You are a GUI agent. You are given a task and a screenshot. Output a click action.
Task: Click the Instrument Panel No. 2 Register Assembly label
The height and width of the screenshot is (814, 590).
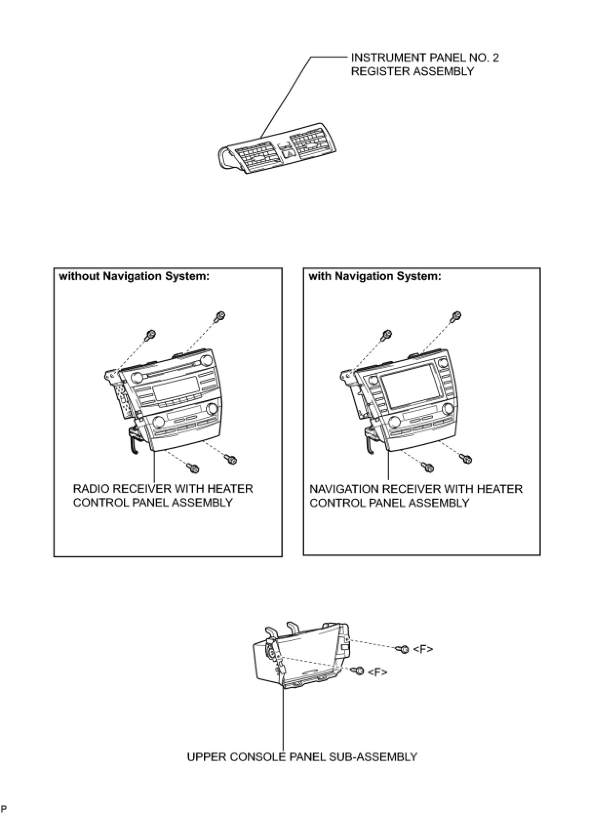[x=425, y=64]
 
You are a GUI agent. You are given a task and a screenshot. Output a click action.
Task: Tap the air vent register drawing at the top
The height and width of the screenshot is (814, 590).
[x=278, y=152]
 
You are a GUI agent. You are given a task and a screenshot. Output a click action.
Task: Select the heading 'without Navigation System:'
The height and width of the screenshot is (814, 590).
[x=134, y=277]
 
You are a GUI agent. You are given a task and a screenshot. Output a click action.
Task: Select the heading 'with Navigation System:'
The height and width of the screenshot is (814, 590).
[x=374, y=277]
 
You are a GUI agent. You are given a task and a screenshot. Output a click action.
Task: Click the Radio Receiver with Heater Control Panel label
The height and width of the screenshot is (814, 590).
[x=163, y=495]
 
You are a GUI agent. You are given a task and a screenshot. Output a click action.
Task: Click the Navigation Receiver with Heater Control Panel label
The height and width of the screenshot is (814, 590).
[x=415, y=495]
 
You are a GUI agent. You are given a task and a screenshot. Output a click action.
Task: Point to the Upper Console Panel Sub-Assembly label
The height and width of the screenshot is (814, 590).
[x=302, y=757]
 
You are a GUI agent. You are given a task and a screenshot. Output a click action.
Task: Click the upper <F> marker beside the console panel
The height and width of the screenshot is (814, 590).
[x=423, y=649]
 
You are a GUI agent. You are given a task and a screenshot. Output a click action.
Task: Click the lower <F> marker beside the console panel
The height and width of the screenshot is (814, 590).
[x=377, y=672]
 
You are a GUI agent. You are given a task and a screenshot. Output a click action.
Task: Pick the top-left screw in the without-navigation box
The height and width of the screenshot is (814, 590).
[x=151, y=335]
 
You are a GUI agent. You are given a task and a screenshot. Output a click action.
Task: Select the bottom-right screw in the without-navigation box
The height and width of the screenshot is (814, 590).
[x=232, y=459]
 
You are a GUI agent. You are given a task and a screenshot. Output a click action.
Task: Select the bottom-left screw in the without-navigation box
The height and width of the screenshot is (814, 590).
[x=194, y=468]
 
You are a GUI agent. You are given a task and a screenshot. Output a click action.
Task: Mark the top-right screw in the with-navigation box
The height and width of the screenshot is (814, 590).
[x=456, y=316]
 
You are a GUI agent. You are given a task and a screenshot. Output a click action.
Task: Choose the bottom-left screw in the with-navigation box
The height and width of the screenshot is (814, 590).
[x=429, y=468]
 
